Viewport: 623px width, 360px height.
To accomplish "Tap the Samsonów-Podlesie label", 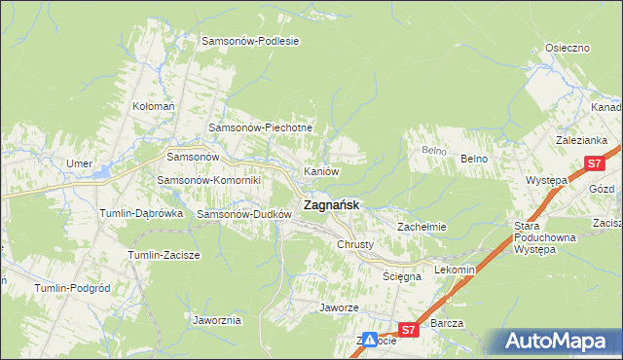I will pyautogui.click(x=250, y=41).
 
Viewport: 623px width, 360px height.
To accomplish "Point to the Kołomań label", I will pyautogui.click(x=153, y=106).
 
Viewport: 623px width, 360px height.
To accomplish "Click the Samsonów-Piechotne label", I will pyautogui.click(x=261, y=127).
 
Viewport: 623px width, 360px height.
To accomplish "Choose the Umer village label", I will pyautogui.click(x=78, y=163).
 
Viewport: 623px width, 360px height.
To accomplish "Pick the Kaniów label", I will pyautogui.click(x=321, y=171).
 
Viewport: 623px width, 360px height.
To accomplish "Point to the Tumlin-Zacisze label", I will pyautogui.click(x=164, y=255).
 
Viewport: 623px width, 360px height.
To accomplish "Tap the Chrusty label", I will pyautogui.click(x=355, y=244).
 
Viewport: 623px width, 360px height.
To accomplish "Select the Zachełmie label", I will pyautogui.click(x=421, y=227).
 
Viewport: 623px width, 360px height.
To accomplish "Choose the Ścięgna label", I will pyautogui.click(x=402, y=276).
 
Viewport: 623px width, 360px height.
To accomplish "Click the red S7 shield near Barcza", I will pyautogui.click(x=409, y=331).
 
